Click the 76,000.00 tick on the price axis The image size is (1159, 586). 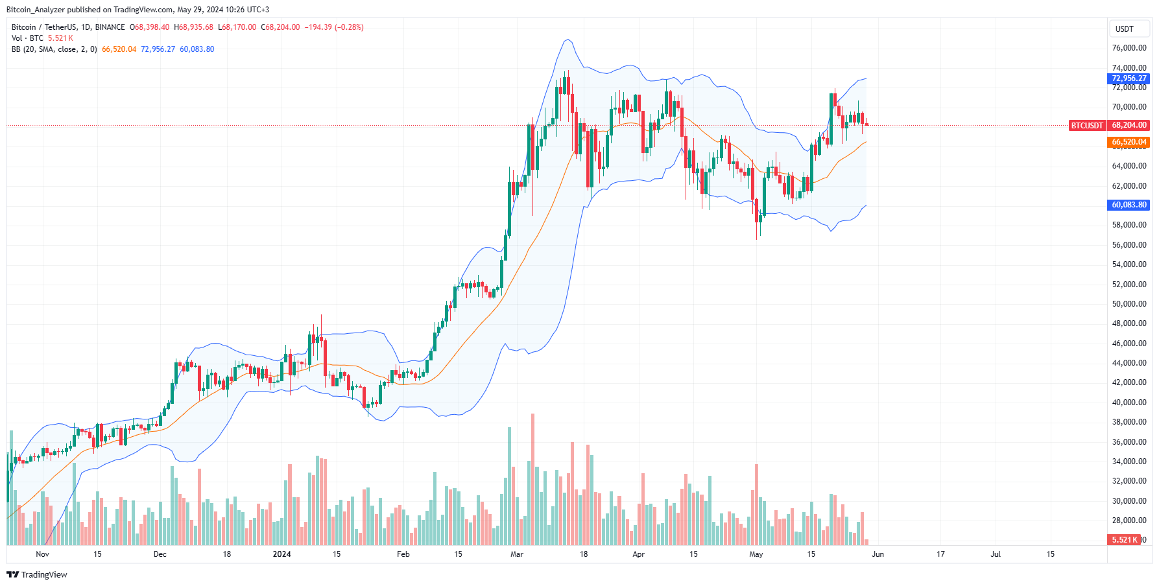coord(1129,48)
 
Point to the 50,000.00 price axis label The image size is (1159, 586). coord(1129,304)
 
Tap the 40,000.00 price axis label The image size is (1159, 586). coord(1129,403)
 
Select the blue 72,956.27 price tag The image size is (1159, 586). coord(1129,78)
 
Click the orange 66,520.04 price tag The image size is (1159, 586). coord(1129,142)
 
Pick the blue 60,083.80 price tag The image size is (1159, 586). coord(1129,205)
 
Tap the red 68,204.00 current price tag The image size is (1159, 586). coord(1129,125)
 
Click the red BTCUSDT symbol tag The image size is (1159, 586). coord(1086,125)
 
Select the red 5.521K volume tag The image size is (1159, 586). coord(1123,539)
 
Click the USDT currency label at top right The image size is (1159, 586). coord(1124,29)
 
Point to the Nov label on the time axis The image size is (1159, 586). coord(42,554)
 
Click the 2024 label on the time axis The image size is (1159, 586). coord(281,554)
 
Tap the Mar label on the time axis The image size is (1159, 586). coord(517,554)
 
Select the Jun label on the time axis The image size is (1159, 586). coord(878,554)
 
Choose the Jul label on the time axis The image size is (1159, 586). coord(996,554)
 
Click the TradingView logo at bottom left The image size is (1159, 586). coord(37,575)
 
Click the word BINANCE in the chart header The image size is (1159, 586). coord(110,27)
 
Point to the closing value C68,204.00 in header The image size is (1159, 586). coord(280,27)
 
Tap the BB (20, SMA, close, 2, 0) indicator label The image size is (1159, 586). coord(54,49)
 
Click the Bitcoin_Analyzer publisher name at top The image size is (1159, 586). coord(36,10)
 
